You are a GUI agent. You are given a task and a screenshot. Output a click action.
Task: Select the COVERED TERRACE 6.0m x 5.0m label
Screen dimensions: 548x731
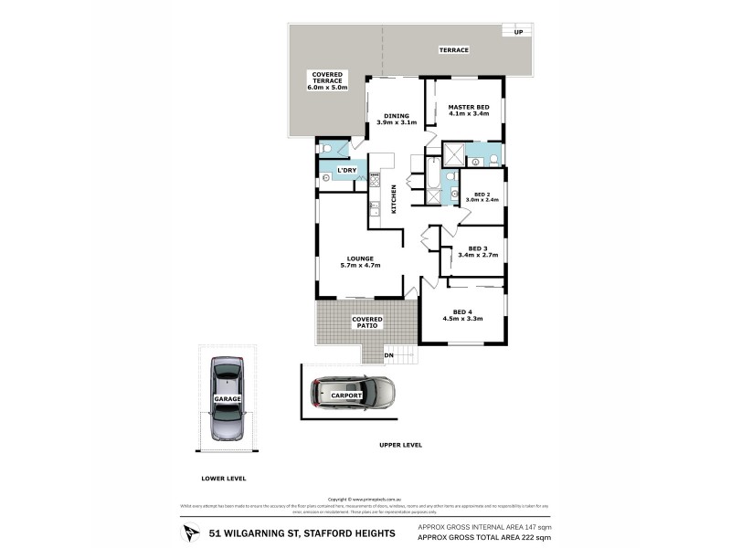(x=326, y=80)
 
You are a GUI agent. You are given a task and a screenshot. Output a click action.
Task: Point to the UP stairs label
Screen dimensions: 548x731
(x=518, y=32)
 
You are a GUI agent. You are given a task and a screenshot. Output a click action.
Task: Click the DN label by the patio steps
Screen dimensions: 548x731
(x=387, y=355)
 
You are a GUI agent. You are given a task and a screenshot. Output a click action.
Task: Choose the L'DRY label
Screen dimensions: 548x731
(x=346, y=170)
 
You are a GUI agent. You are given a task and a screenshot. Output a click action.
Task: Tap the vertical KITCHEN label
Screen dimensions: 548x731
(x=395, y=199)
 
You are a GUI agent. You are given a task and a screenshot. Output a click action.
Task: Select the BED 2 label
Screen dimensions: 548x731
(x=481, y=196)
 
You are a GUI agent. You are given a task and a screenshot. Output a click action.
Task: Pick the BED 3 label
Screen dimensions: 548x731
(x=475, y=252)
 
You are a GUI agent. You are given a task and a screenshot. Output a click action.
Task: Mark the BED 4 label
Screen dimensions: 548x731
(x=461, y=315)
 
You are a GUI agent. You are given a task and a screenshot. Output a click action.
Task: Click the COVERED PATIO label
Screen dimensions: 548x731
(x=368, y=322)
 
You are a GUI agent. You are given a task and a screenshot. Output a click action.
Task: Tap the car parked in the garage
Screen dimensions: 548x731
(x=226, y=399)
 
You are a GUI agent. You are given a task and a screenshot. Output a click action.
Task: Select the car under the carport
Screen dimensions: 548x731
(x=352, y=394)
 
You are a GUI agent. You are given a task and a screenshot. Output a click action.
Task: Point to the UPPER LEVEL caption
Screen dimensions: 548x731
(x=400, y=445)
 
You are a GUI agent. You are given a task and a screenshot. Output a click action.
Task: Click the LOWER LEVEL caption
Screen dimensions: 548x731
(x=224, y=478)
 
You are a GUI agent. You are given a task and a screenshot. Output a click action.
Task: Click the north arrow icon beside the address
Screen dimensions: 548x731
(x=189, y=532)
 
